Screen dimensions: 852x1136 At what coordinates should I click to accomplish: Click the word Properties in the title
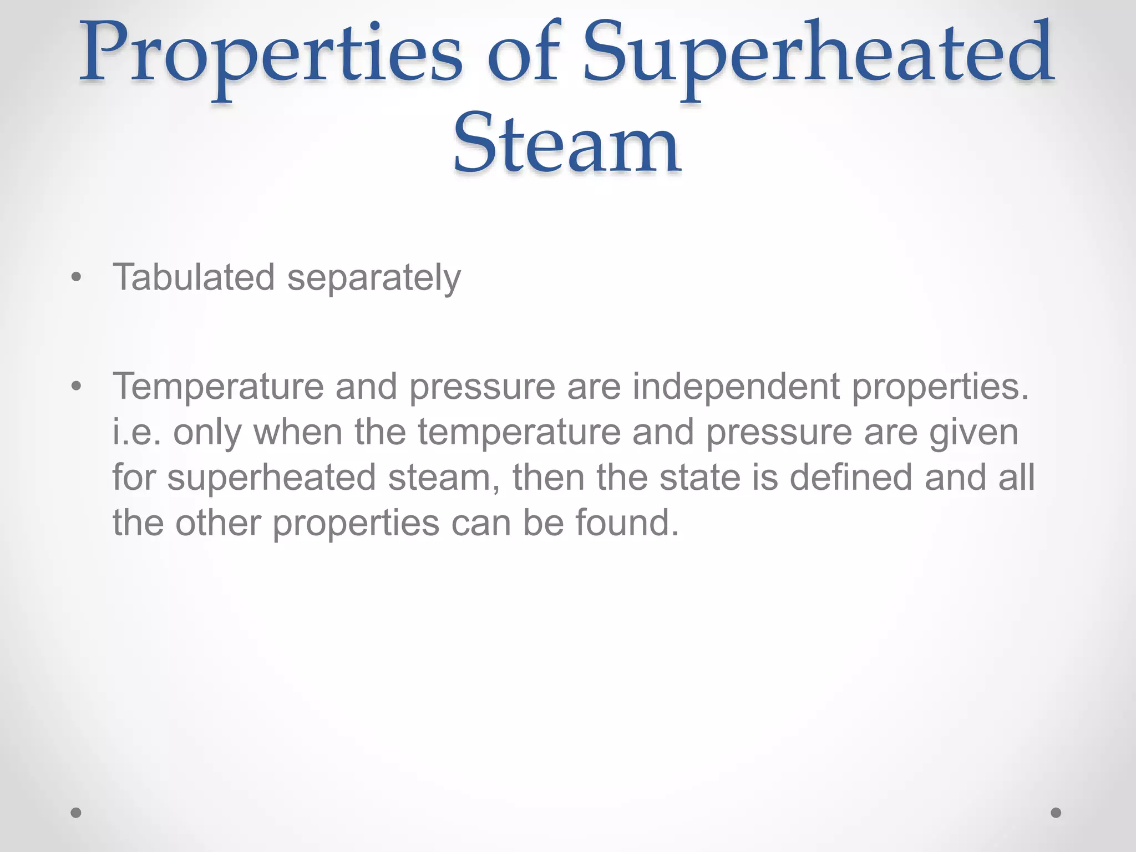271,55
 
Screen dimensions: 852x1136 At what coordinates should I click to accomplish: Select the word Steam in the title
567,143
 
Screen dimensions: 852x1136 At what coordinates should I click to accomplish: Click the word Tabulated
194,277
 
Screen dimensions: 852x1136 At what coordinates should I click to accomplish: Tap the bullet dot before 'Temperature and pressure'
77,386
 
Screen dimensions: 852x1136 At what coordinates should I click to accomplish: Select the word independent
736,387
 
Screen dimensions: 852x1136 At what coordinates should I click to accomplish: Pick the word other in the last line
218,523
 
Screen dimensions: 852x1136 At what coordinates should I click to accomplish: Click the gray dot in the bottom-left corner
77,813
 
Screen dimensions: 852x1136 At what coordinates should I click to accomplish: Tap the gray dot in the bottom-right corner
1056,813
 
